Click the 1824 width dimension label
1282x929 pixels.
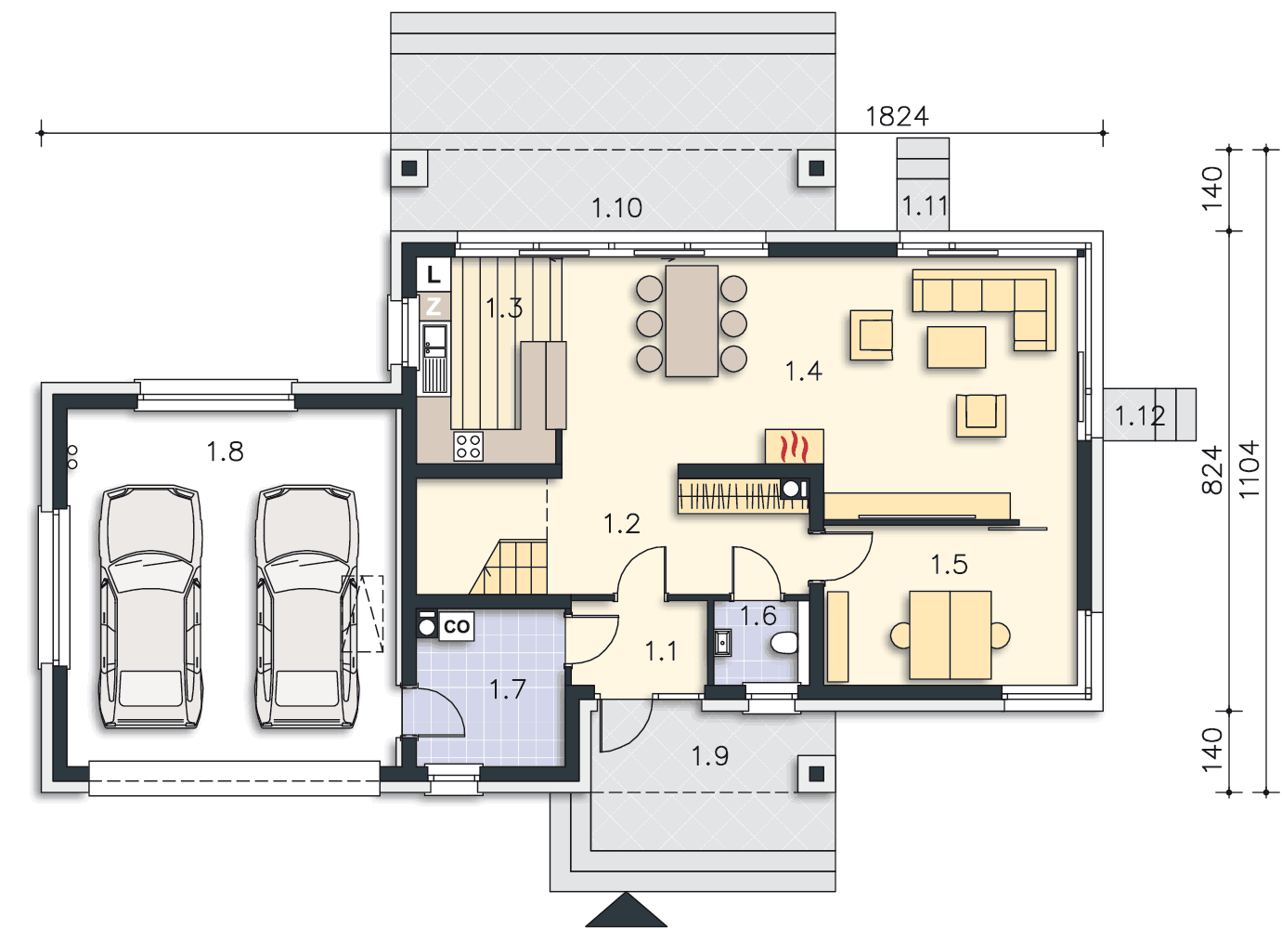(896, 117)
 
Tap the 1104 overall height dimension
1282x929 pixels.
(1250, 470)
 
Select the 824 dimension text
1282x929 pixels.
(1211, 470)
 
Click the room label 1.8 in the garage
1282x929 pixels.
(225, 451)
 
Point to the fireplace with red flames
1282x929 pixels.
(795, 446)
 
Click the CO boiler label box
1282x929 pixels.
(456, 626)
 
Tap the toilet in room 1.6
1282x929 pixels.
(783, 643)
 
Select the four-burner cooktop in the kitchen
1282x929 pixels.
(468, 447)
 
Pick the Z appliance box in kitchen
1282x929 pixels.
(434, 307)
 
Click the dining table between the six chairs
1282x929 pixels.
(692, 321)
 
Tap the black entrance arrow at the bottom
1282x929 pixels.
(626, 909)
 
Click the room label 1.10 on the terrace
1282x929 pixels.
(616, 208)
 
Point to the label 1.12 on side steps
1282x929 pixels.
(1140, 416)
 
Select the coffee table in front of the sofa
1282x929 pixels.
(956, 347)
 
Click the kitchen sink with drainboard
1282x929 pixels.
(434, 359)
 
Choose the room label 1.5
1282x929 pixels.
(949, 565)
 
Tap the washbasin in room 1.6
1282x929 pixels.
(723, 643)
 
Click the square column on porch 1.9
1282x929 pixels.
(816, 774)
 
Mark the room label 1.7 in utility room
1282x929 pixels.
(508, 689)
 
